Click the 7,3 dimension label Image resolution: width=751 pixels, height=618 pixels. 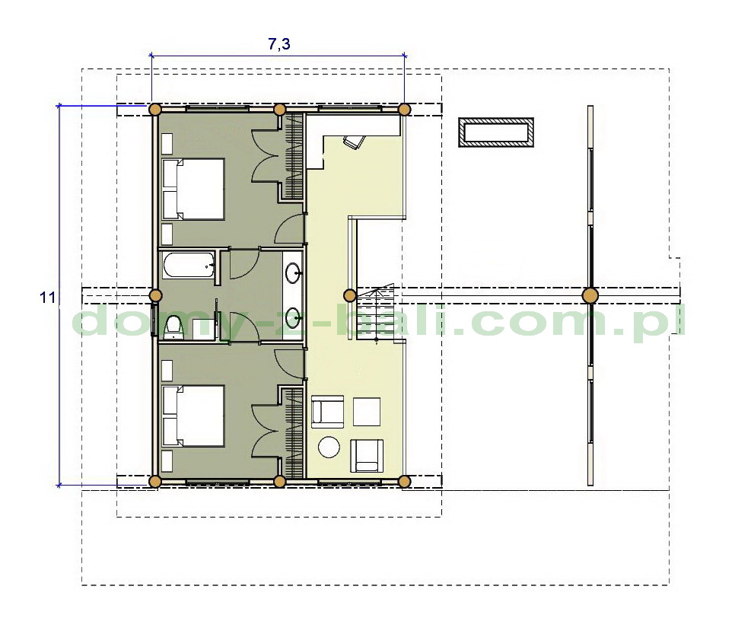click(x=278, y=44)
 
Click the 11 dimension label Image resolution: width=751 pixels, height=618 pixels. click(x=47, y=298)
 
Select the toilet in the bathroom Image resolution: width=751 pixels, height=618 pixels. click(x=173, y=328)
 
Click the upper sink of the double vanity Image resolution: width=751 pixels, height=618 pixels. click(x=294, y=274)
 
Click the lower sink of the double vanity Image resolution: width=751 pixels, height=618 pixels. click(x=294, y=317)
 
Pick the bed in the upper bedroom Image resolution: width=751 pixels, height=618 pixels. click(x=193, y=190)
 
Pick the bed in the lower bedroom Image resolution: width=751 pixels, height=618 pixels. click(x=193, y=416)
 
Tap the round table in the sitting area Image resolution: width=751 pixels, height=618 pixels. click(x=329, y=448)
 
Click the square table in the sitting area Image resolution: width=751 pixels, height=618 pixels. click(x=367, y=412)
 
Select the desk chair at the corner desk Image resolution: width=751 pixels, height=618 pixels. click(x=354, y=142)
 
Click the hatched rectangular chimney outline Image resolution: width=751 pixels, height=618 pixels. click(x=496, y=132)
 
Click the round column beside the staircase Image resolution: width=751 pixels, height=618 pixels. click(x=350, y=295)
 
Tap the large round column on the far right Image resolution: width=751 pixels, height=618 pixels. click(x=590, y=295)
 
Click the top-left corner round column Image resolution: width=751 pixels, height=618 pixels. click(x=154, y=110)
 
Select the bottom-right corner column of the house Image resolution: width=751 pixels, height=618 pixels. click(x=405, y=481)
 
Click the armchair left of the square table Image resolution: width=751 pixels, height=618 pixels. click(x=328, y=412)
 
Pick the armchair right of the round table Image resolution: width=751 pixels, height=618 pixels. click(x=367, y=456)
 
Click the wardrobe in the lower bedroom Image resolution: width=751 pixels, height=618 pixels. click(x=294, y=432)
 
